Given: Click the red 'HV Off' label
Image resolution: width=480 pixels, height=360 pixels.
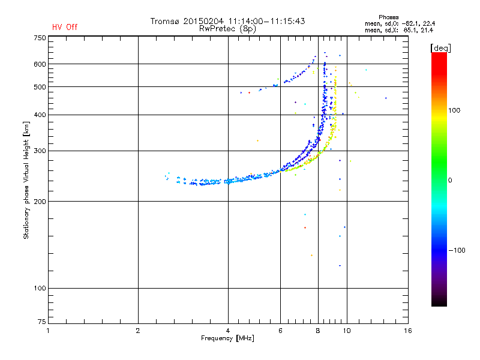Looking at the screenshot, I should click(x=65, y=27).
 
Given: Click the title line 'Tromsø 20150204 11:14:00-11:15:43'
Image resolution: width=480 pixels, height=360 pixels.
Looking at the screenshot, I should click(x=227, y=21).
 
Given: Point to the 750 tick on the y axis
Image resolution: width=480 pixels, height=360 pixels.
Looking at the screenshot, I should click(x=40, y=37).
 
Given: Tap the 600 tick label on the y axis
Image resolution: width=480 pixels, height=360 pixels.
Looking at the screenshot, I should click(x=40, y=64).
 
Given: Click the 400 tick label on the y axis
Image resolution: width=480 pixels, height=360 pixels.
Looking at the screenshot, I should click(x=40, y=115).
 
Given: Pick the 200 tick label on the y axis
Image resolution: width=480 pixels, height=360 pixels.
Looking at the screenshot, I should click(x=40, y=201).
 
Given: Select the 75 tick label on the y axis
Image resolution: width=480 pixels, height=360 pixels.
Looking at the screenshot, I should click(x=41, y=324).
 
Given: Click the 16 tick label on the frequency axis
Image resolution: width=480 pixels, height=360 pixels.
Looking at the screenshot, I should click(x=407, y=331).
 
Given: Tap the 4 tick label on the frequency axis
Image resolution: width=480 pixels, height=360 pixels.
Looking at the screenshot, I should click(x=228, y=331).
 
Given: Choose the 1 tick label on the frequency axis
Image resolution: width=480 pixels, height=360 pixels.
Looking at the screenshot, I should click(x=48, y=331).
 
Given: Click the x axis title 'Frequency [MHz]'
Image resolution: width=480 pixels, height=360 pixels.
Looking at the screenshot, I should click(x=227, y=338).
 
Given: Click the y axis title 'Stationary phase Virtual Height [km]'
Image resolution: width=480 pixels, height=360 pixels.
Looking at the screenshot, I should click(x=26, y=180).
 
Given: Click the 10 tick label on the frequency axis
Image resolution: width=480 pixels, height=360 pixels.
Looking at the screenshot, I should click(x=347, y=331).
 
